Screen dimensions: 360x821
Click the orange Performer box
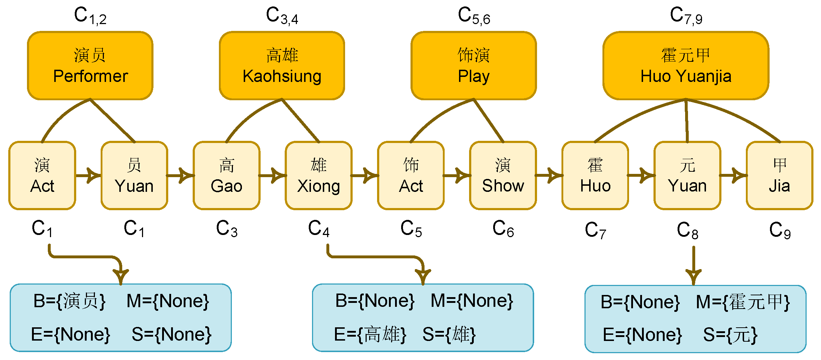coord(90,66)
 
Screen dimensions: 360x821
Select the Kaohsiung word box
coord(282,66)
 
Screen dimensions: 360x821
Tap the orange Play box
coord(473,66)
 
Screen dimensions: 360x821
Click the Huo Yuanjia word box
coord(685,66)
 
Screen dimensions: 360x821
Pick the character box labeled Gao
coord(226,175)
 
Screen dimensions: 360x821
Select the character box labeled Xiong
coord(318,175)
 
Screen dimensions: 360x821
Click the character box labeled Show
coord(503,175)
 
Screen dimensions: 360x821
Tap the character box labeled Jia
coord(779,175)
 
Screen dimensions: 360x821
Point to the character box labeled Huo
coord(595,175)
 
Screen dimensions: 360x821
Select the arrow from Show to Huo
coord(549,175)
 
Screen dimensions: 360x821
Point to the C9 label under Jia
coord(779,230)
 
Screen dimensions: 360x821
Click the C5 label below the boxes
coord(411,229)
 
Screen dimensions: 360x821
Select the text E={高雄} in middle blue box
coord(370,334)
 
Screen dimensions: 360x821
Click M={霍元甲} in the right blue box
coord(743,302)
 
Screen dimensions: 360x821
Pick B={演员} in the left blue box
coord(69,301)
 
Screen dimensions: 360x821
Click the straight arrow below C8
coord(693,266)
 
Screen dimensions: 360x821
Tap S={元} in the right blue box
coord(730,335)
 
